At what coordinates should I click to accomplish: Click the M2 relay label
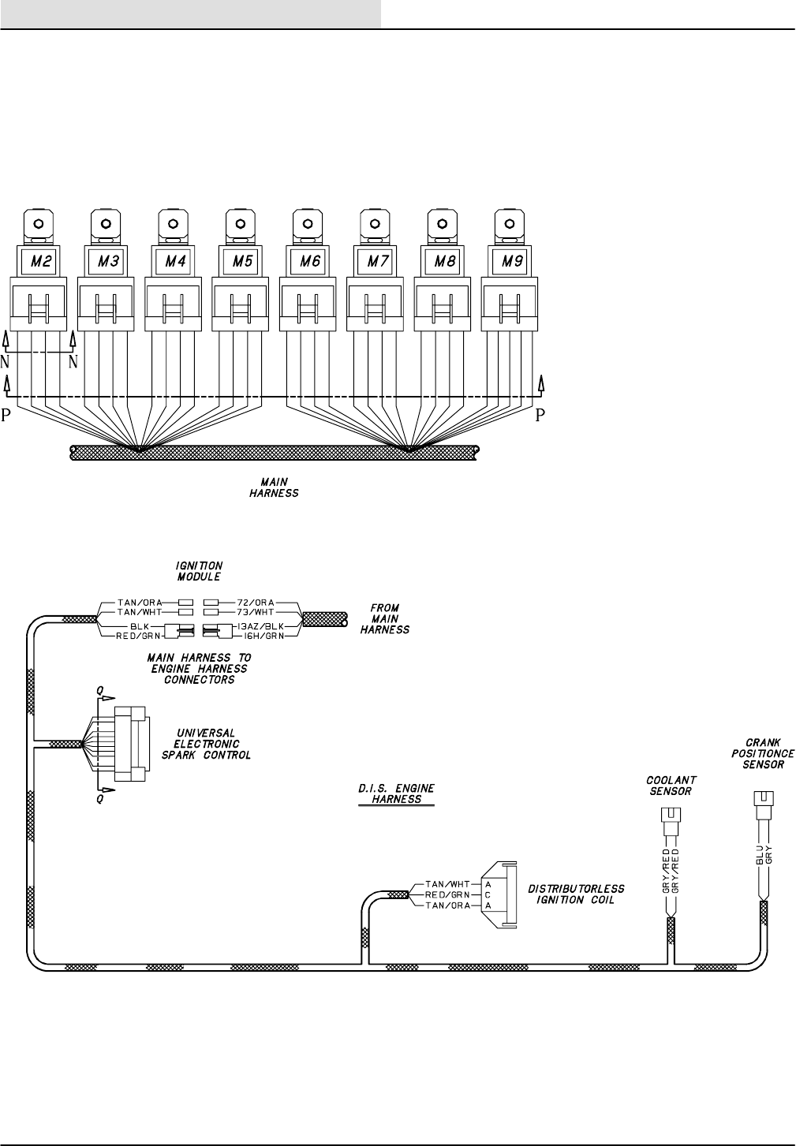(43, 261)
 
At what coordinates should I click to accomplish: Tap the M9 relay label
(512, 261)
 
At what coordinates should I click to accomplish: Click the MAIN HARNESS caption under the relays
(274, 487)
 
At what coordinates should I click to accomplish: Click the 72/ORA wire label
(255, 602)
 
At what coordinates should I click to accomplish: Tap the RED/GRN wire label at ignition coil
(447, 894)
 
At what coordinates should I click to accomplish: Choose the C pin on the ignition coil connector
(488, 894)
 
